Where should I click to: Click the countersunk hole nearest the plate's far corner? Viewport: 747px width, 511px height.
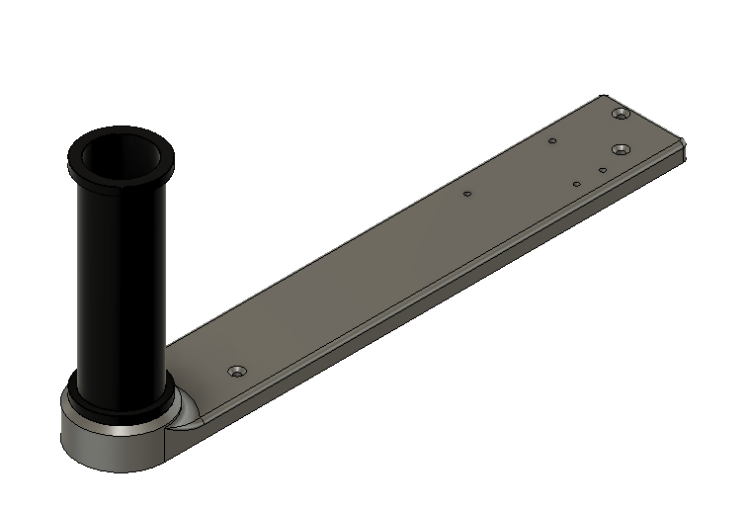coord(621,115)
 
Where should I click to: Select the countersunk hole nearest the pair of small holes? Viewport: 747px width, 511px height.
coord(621,149)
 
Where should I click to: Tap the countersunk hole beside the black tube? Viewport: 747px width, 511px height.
coord(236,372)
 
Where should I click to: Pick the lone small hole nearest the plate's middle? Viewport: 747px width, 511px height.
coord(466,194)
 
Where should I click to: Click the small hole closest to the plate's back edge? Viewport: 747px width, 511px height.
coord(552,140)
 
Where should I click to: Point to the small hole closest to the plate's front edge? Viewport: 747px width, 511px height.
coord(577,184)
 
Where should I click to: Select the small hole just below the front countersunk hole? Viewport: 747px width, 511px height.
coord(602,170)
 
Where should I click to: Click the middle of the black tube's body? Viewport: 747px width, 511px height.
coord(120,287)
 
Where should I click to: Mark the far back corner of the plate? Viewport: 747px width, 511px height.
coord(606,96)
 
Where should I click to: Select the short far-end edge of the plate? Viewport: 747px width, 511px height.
coord(646,117)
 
